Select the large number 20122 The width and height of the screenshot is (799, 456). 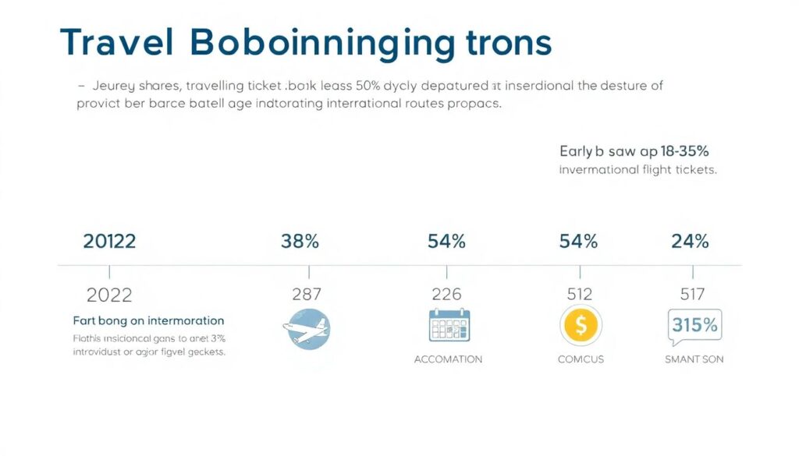(109, 242)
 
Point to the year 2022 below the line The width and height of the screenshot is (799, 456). (109, 295)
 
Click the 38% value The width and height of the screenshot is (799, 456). (300, 242)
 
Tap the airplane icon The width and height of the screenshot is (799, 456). (307, 328)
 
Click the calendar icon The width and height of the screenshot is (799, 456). (449, 325)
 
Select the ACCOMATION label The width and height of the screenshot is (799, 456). (448, 359)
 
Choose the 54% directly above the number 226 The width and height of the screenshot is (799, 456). (446, 242)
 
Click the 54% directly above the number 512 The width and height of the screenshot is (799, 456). (578, 242)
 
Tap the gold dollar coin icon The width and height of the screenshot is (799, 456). (580, 325)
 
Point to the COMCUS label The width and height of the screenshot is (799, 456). (580, 359)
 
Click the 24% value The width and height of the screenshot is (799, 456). (690, 242)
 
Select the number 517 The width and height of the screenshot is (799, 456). (692, 295)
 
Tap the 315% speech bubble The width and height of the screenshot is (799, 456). (694, 326)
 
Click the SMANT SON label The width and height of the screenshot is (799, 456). (694, 359)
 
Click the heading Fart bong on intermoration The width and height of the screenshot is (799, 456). (148, 320)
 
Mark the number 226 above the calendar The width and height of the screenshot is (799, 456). (446, 295)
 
